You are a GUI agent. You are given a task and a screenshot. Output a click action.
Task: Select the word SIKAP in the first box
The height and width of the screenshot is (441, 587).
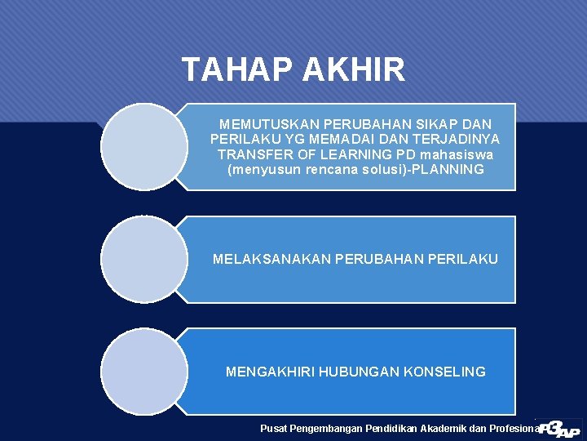[439, 124]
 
